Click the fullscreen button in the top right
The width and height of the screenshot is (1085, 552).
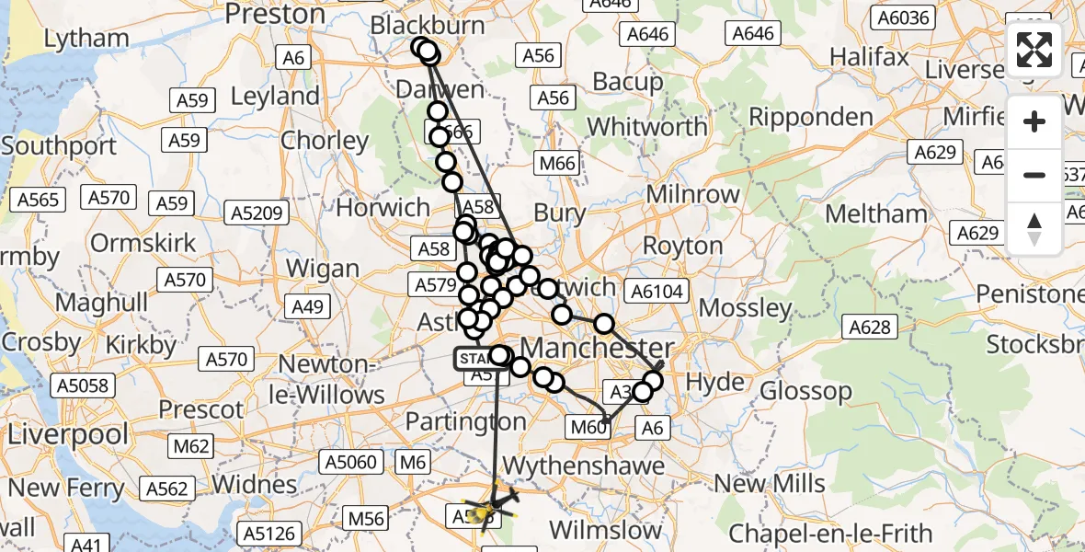(1034, 50)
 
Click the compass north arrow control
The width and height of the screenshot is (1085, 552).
(1034, 228)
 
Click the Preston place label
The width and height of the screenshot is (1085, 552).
(275, 14)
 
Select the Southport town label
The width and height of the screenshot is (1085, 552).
(59, 146)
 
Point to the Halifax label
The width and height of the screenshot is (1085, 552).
(869, 57)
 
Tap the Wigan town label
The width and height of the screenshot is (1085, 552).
(322, 269)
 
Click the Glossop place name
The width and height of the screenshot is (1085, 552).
(806, 391)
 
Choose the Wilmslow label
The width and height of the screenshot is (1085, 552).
(605, 530)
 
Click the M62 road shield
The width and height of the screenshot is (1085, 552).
(192, 447)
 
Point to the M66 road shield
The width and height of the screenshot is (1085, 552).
(557, 164)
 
